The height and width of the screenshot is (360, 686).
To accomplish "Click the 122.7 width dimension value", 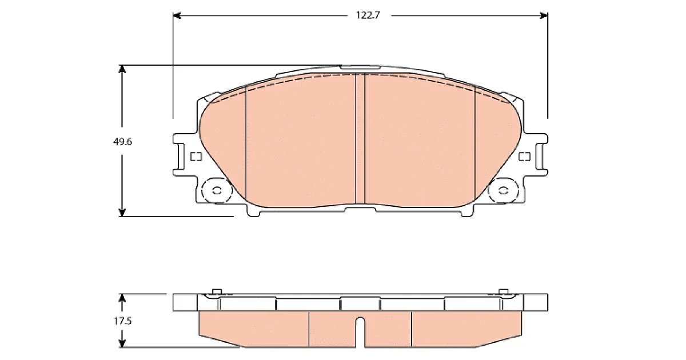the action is pyautogui.click(x=368, y=15).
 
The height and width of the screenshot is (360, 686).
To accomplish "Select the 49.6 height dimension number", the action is pyautogui.click(x=122, y=142).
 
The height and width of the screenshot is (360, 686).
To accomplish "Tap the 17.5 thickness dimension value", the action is pyautogui.click(x=122, y=321).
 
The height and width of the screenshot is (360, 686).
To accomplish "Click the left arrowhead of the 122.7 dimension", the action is pyautogui.click(x=177, y=15).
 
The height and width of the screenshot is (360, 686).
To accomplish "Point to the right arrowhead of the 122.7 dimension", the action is pyautogui.click(x=544, y=15).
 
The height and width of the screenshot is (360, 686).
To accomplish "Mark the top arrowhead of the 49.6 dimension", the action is pyautogui.click(x=122, y=69).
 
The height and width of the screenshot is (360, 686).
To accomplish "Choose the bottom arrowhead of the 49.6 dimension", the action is pyautogui.click(x=122, y=213).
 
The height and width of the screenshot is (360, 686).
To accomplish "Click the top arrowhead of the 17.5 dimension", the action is pyautogui.click(x=122, y=298).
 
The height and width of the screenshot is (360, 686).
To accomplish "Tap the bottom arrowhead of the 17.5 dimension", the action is pyautogui.click(x=122, y=343).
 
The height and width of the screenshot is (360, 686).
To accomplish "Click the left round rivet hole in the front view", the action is pyautogui.click(x=217, y=190).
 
